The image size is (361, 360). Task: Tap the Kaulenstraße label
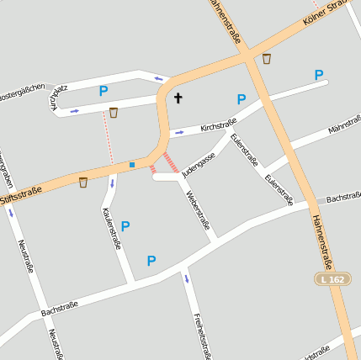coord(111,230)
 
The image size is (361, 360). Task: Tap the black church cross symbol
coord(178,98)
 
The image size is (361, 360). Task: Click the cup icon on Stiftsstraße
coord(83,182)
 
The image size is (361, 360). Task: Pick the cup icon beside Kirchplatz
coord(114,112)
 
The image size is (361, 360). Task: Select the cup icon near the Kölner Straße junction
coord(267,59)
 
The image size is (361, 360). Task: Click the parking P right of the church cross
coord(242,99)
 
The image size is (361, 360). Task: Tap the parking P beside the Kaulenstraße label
coord(125,225)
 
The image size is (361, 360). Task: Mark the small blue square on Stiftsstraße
coord(132,165)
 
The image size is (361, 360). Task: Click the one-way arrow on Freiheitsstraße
coord(187,278)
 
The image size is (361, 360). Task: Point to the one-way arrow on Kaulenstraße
coord(112,183)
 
